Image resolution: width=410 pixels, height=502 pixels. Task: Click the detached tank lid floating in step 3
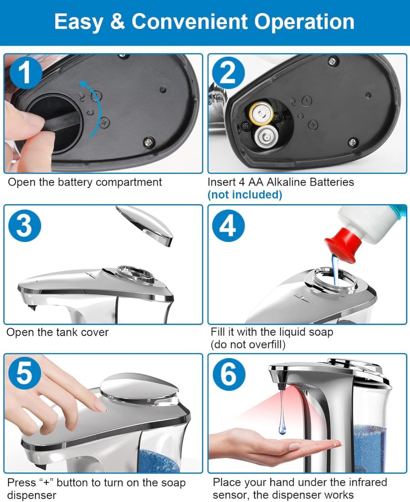point(144,224)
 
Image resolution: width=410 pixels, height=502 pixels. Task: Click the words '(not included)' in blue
point(245,195)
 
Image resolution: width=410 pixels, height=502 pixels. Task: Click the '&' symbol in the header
point(117,22)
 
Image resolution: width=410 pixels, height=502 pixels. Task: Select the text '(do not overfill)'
point(248,345)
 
